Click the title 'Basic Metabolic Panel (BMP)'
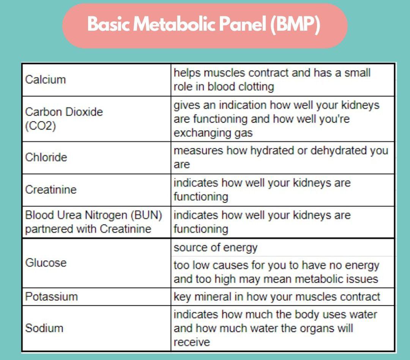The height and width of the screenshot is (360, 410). pos(204,25)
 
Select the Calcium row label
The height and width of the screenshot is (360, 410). pos(45,80)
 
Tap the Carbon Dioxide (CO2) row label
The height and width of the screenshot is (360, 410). pos(64,119)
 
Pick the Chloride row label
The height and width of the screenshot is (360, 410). pos(46,157)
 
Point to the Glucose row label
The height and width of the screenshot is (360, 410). pos(46,263)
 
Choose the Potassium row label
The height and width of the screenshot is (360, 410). pos(51,297)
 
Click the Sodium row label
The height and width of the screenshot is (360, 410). pos(44,328)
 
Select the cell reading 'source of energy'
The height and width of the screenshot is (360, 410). pos(215,248)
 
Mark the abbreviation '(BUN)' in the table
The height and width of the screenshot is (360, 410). pos(147,215)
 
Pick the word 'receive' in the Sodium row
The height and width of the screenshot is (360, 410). pos(192,342)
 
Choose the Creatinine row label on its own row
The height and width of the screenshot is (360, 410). pos(50,190)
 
